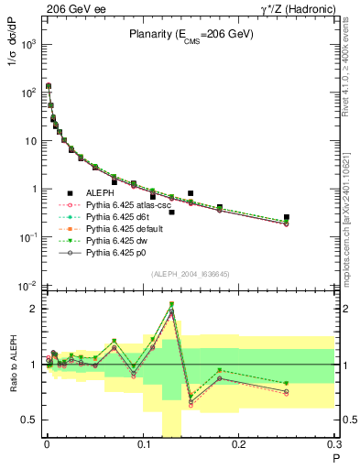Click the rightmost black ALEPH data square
(287, 217)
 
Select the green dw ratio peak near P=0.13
(171, 304)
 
